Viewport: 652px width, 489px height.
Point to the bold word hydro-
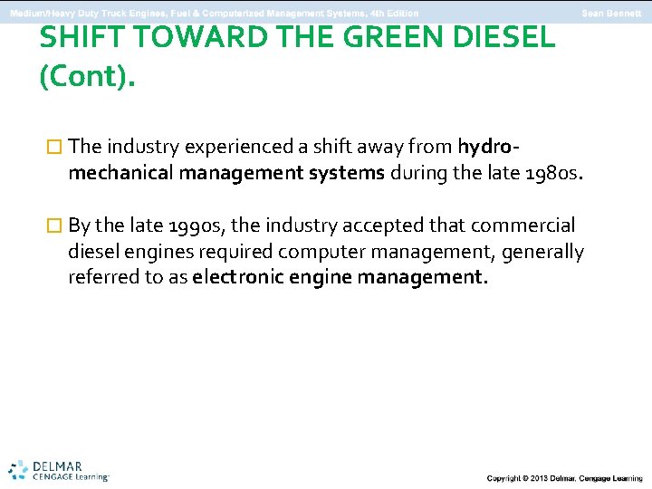pyautogui.click(x=490, y=146)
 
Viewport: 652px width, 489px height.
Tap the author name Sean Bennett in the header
pyautogui.click(x=611, y=13)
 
